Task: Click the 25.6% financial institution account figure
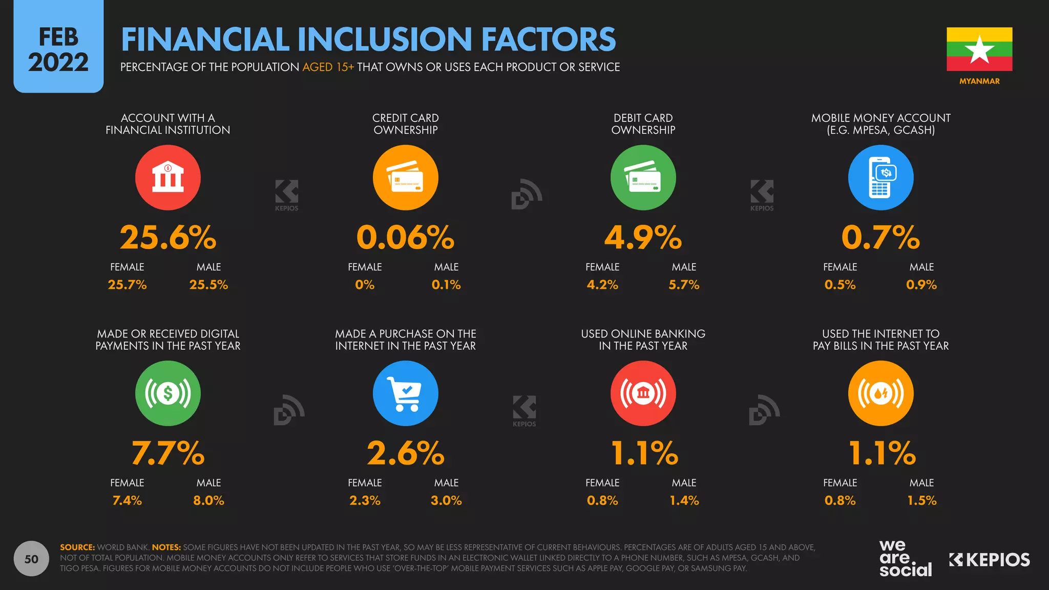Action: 168,238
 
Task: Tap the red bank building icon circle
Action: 168,178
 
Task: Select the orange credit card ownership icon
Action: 405,178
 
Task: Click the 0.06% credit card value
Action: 405,238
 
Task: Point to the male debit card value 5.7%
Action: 684,285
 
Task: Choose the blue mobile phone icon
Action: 880,178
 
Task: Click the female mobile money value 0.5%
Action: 840,285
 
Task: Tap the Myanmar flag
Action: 979,49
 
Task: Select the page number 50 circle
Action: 31,559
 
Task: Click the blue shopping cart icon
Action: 405,393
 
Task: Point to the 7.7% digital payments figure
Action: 168,453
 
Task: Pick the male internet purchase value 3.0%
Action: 446,500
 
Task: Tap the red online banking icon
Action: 643,393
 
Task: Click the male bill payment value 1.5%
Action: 921,500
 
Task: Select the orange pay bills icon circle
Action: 880,393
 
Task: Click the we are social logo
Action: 905,559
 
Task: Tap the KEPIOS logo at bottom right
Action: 989,560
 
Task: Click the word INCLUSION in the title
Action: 384,39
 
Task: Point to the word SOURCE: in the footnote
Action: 77,547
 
